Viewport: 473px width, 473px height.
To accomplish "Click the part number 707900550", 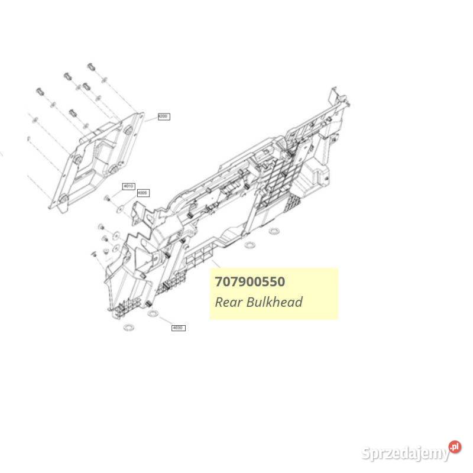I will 250,281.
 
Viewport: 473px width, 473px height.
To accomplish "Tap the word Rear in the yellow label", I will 227,302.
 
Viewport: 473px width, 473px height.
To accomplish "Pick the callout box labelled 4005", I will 142,192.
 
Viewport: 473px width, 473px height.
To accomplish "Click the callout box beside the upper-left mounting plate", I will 164,117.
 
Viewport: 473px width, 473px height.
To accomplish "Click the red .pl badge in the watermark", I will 454,447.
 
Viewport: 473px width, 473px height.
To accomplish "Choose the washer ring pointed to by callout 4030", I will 153,313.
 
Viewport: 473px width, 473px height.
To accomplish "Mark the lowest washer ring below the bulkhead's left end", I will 127,327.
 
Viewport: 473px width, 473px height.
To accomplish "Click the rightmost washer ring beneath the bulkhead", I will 273,230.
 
